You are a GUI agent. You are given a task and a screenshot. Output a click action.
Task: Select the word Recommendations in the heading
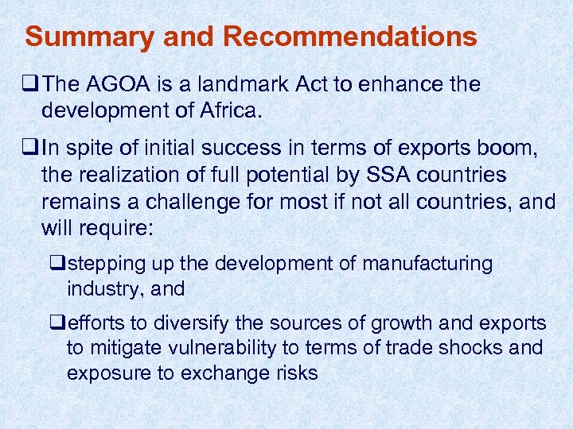(x=350, y=37)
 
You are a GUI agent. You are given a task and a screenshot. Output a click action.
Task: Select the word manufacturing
(x=427, y=263)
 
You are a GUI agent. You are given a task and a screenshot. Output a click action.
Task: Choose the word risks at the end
(x=294, y=372)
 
